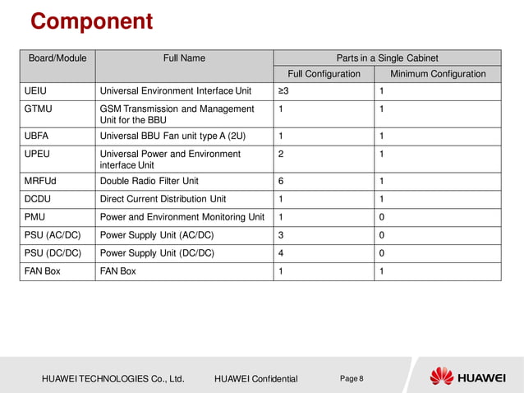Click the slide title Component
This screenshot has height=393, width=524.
[x=92, y=21]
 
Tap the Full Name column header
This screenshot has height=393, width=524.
[x=184, y=58]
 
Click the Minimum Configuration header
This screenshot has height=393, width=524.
[x=438, y=74]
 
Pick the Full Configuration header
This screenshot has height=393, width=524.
[x=324, y=74]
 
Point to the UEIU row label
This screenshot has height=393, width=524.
[x=35, y=90]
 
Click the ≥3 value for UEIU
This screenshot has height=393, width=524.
[x=283, y=90]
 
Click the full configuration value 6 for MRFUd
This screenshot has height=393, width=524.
[x=281, y=181]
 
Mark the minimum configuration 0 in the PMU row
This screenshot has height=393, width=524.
[x=382, y=217]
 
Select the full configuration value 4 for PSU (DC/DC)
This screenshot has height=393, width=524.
[x=281, y=253]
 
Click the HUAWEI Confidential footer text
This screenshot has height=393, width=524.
[x=255, y=379]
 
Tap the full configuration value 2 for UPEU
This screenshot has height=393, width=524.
[x=281, y=154]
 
